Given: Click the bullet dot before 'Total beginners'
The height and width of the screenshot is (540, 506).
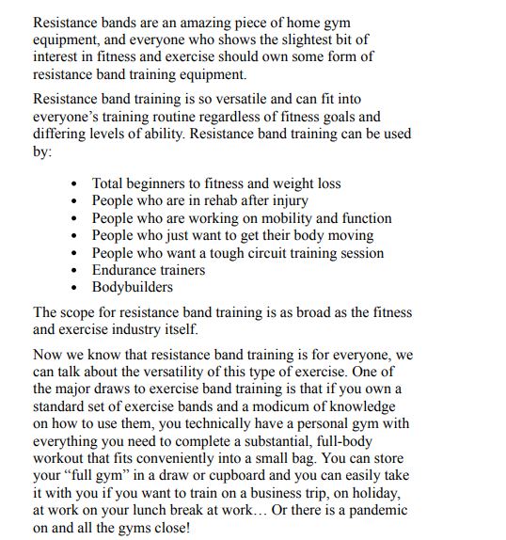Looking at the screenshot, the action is click(x=74, y=184).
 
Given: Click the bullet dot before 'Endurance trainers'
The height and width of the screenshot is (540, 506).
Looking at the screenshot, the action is click(x=74, y=271).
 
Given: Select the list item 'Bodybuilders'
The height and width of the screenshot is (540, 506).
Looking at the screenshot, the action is click(x=132, y=288).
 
